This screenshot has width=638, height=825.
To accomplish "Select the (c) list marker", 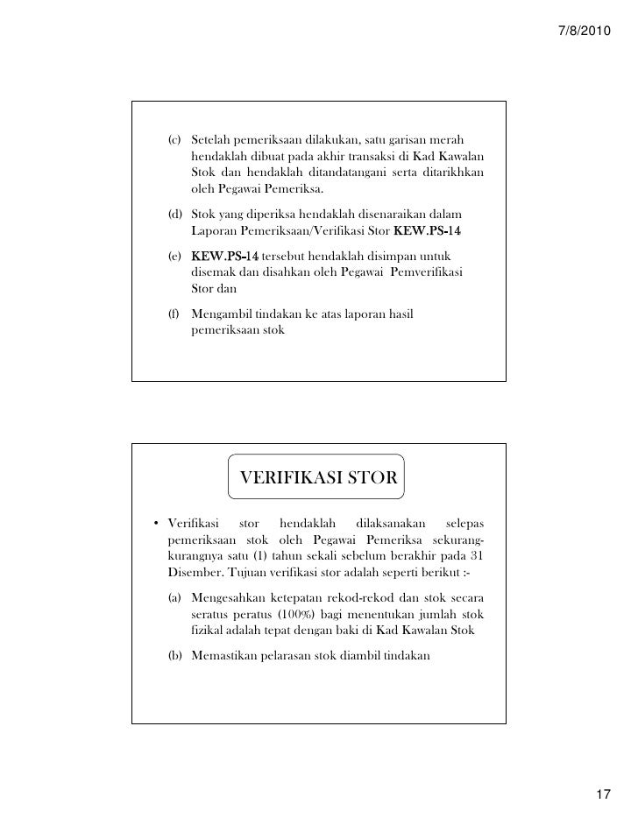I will [x=174, y=141].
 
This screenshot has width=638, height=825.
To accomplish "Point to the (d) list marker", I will [x=174, y=215].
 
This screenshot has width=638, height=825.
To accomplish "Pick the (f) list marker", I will [x=174, y=315].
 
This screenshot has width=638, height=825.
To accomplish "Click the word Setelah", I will [x=212, y=141].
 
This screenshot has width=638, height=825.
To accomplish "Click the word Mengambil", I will [x=223, y=315].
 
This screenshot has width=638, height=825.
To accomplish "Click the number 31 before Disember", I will [x=476, y=557].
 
